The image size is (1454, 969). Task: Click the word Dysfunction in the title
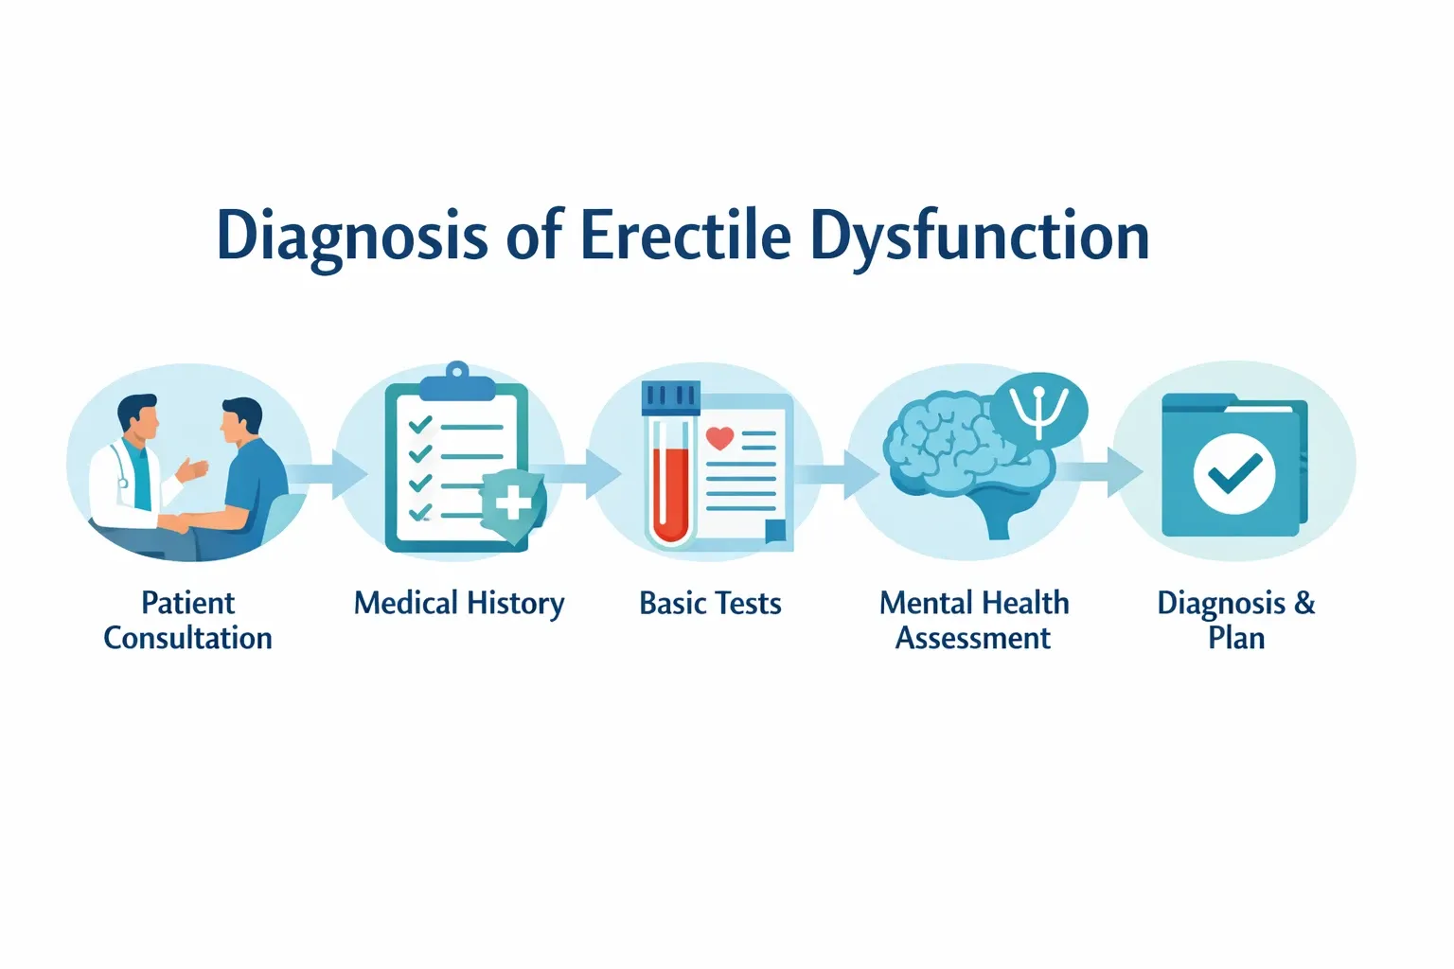pyautogui.click(x=979, y=237)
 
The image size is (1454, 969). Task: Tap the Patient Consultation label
pyautogui.click(x=187, y=620)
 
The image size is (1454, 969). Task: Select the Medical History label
pyautogui.click(x=459, y=604)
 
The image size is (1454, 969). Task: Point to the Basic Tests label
pyautogui.click(x=710, y=604)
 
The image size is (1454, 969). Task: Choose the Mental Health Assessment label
pyautogui.click(x=973, y=620)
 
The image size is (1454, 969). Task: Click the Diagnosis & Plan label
pyautogui.click(x=1235, y=620)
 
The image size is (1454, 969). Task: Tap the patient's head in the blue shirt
pyautogui.click(x=240, y=422)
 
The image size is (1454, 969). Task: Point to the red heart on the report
pyautogui.click(x=719, y=438)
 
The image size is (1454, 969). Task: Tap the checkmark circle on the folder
pyautogui.click(x=1234, y=472)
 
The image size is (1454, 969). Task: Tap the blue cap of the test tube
pyautogui.click(x=669, y=397)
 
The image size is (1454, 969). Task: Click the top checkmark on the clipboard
pyautogui.click(x=419, y=425)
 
